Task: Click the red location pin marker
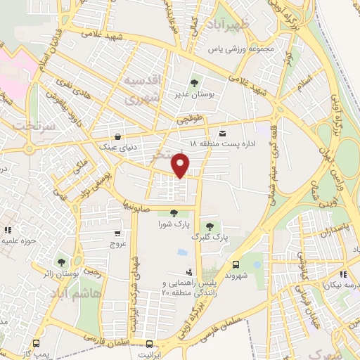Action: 182,165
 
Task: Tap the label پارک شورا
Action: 173,224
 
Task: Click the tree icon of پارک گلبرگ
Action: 210,225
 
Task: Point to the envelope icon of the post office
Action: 222,133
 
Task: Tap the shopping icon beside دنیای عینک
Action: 116,136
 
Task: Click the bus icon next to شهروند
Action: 236,265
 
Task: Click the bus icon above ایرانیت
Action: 149,344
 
